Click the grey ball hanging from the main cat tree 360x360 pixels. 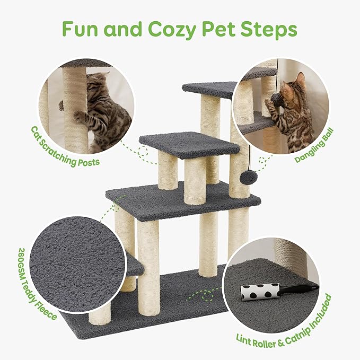(x=245, y=177)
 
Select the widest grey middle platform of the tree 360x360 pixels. (x=183, y=199)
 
